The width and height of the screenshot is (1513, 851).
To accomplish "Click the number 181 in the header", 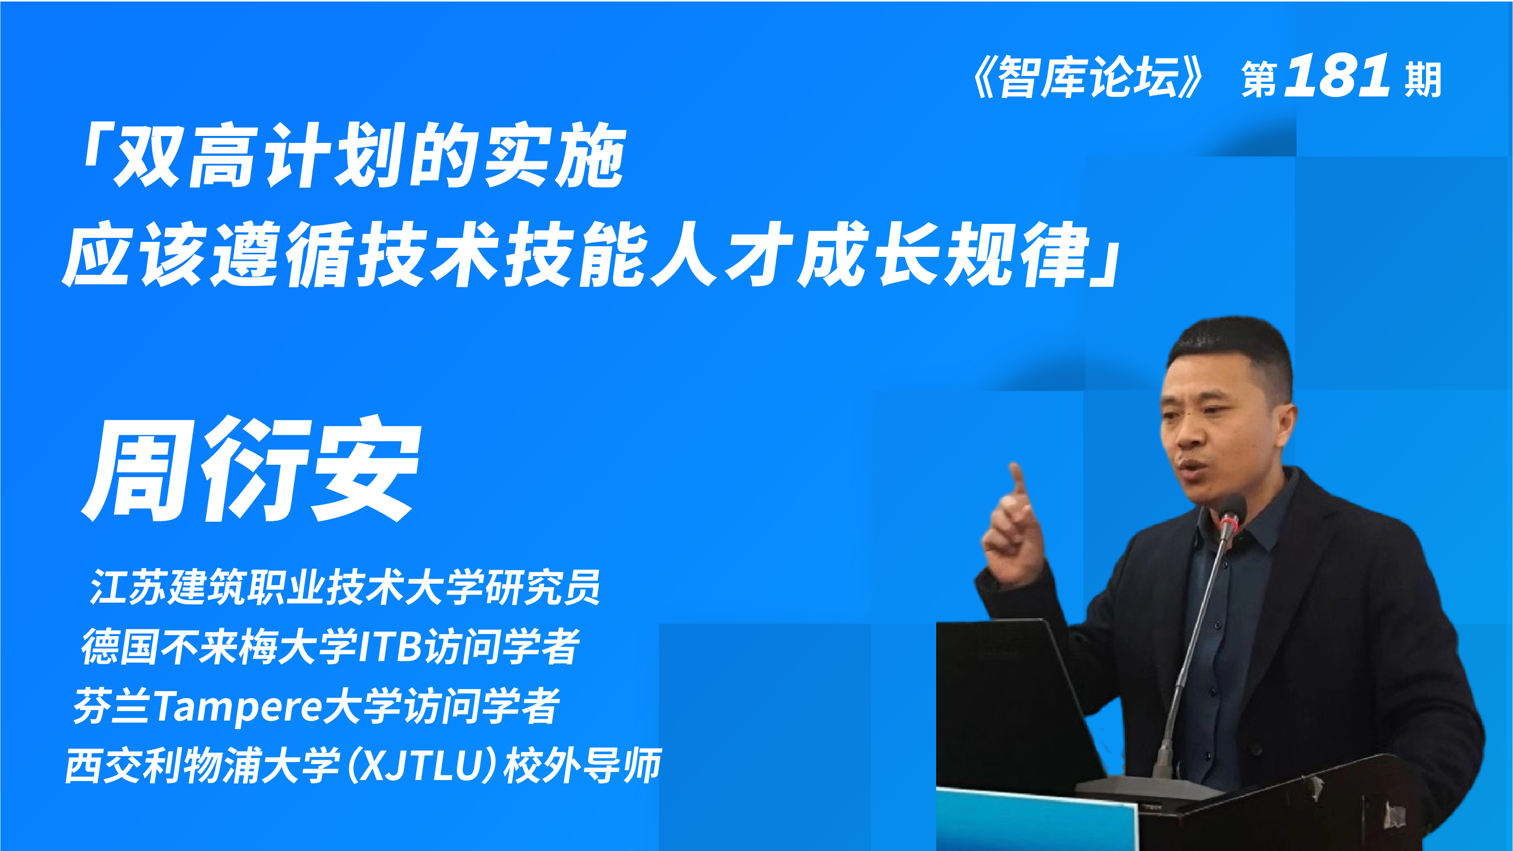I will pos(1337,76).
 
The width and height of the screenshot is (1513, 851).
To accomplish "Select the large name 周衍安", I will pos(252,470).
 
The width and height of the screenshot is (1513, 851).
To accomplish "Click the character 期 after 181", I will pos(1423,80).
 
